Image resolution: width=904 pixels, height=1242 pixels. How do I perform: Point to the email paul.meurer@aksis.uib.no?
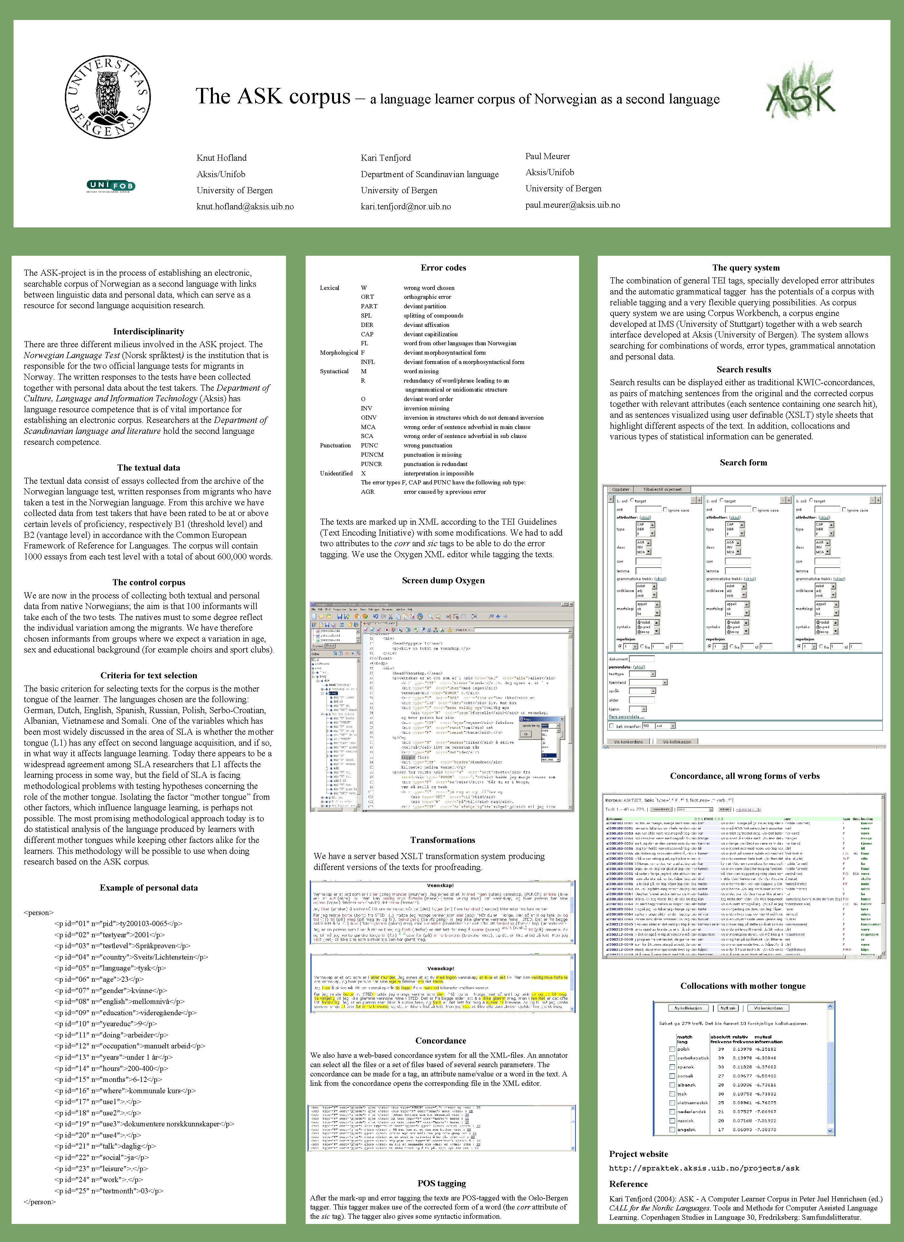572,205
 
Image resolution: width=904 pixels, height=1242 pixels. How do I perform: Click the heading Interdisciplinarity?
148,331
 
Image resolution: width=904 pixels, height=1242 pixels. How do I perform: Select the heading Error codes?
443,268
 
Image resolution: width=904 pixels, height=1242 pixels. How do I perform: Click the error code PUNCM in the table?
372,454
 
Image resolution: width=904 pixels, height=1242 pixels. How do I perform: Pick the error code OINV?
368,417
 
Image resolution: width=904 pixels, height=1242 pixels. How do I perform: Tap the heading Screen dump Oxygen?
443,580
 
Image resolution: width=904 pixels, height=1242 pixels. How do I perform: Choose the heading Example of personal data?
148,888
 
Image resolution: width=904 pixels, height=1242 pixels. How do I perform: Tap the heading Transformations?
442,840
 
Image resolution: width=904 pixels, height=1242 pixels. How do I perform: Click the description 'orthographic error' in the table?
427,297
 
